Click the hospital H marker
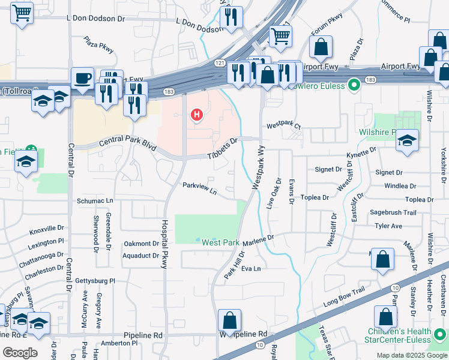click(196, 115)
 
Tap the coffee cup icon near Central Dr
click(83, 78)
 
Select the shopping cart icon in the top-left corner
click(22, 12)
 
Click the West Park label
click(220, 242)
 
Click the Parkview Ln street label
click(199, 188)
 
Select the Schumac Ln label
click(95, 200)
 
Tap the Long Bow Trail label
click(344, 294)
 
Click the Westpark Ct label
click(283, 126)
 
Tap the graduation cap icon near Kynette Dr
click(408, 142)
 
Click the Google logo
click(20, 353)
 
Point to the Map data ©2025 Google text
click(412, 355)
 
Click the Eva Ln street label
click(252, 269)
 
